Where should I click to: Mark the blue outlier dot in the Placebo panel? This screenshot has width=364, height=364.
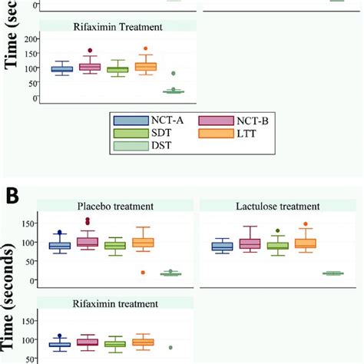[59, 232]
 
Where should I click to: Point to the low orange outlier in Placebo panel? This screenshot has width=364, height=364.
[144, 272]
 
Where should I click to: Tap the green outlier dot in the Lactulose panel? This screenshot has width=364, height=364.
[277, 230]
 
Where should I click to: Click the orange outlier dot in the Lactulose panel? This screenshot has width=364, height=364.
[306, 225]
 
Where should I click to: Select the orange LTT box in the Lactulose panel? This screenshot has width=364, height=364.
[306, 244]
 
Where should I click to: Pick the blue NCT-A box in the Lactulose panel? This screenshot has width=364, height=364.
[221, 247]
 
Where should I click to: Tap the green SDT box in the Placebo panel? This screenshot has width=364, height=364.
[115, 246]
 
